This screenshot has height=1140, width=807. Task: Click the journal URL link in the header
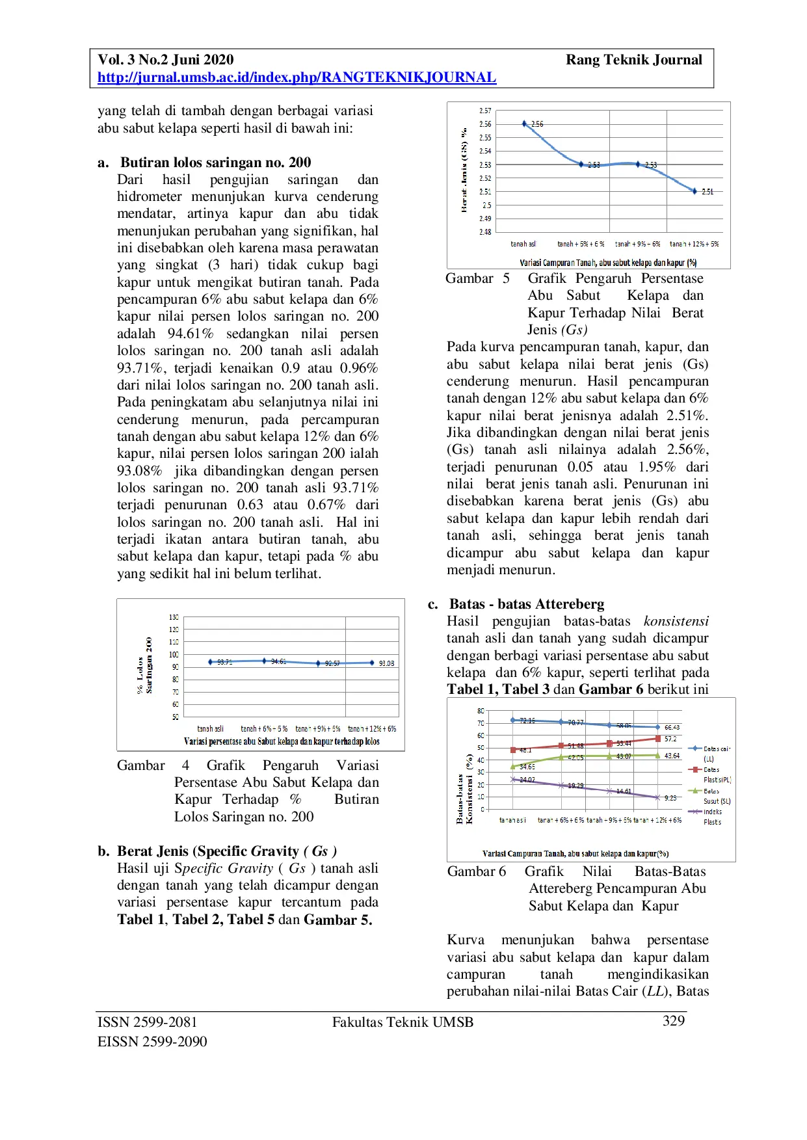click(297, 77)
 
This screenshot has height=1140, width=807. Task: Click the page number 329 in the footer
click(673, 1020)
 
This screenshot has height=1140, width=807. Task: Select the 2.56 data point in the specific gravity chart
click(524, 124)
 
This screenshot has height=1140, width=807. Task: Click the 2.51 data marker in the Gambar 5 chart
click(695, 191)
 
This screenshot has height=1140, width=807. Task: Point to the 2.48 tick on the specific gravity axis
click(485, 232)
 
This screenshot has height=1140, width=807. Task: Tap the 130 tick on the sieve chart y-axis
click(174, 617)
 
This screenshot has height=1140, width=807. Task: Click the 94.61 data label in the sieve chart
click(278, 661)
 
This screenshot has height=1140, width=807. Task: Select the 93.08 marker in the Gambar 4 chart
click(372, 663)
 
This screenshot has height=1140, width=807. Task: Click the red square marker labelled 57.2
click(658, 739)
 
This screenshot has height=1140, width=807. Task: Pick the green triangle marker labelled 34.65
click(513, 767)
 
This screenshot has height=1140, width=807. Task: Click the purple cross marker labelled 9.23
click(657, 797)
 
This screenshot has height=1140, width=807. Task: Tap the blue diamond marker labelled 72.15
click(513, 720)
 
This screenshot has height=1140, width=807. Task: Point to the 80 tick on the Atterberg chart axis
click(481, 711)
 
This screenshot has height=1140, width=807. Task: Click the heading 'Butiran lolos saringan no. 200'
click(215, 162)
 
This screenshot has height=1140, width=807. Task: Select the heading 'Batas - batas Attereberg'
click(526, 603)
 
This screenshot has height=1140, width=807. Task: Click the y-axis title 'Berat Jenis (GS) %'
click(464, 170)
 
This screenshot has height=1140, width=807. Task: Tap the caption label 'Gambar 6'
click(476, 871)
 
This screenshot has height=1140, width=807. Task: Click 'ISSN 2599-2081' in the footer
click(147, 1022)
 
